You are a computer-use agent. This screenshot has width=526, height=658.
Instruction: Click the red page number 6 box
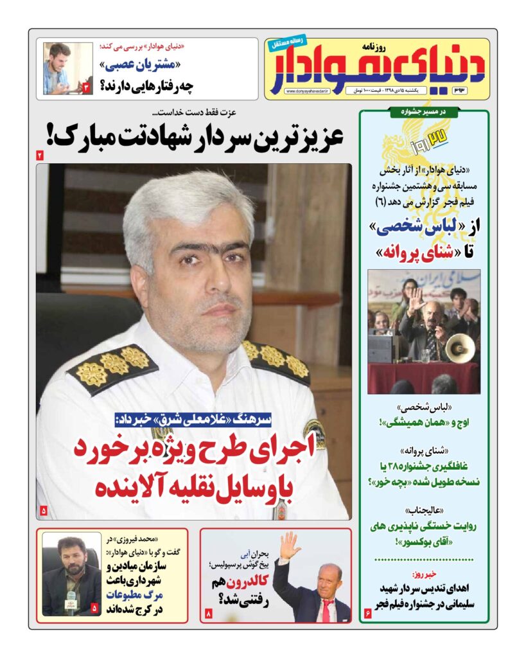368,615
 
